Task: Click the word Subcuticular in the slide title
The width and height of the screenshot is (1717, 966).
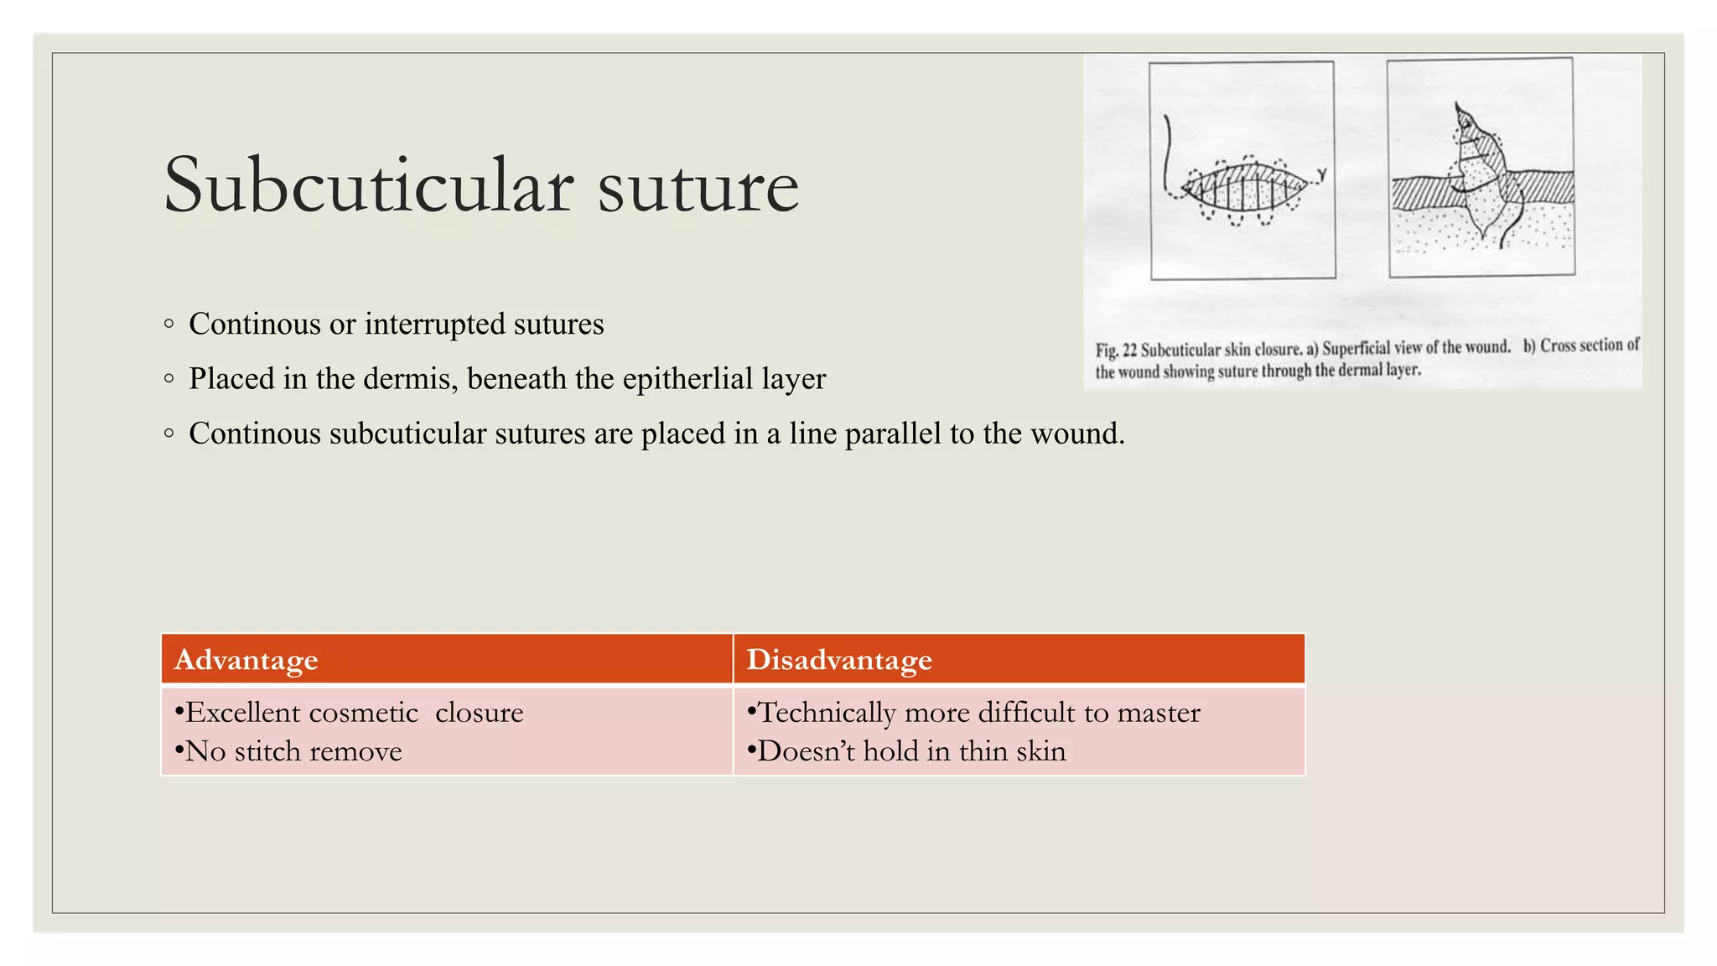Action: coord(369,186)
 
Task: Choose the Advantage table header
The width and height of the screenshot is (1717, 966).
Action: coord(246,660)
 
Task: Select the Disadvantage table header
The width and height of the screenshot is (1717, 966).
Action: coord(839,660)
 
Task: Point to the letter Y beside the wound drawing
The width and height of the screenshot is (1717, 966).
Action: coord(1322,175)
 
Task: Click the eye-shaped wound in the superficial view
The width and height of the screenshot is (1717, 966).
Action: coord(1244,189)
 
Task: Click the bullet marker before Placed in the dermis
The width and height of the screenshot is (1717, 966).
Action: coord(169,379)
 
